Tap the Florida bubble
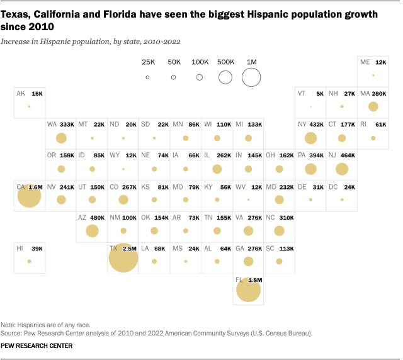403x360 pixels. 247,290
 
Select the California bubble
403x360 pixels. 29,196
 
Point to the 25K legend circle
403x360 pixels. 147,77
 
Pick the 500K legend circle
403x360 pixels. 225,77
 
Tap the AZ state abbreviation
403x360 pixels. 82,217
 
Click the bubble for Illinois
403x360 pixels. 217,169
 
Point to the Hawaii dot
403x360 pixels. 29,261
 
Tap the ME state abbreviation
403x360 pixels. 365,62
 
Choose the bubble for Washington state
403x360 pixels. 61,138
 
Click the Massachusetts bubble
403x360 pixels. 373,106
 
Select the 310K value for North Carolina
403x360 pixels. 285,217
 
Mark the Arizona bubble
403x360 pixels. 92,230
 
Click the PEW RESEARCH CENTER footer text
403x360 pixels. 36,346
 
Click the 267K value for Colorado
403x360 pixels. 130,186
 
